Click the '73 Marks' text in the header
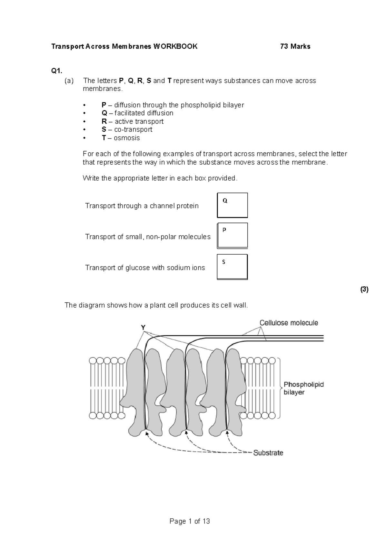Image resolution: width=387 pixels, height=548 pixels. [295, 46]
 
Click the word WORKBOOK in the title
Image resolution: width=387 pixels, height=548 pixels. [175, 46]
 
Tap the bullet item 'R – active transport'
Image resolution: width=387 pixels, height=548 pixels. [132, 121]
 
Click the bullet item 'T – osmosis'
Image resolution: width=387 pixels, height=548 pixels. [121, 138]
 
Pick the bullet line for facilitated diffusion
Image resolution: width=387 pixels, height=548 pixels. [137, 113]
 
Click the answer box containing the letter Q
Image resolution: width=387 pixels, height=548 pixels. [232, 205]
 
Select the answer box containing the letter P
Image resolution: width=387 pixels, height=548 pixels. [232, 236]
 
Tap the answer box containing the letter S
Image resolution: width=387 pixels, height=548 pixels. [232, 267]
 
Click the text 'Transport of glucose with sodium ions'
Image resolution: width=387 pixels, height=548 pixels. [145, 268]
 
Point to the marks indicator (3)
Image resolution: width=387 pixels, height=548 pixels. [364, 289]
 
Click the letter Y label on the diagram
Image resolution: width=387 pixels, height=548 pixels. [143, 328]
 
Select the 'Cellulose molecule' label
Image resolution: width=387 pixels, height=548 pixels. [289, 323]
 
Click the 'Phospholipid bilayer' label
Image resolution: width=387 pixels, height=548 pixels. [303, 388]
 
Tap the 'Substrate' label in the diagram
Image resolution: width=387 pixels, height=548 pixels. [268, 453]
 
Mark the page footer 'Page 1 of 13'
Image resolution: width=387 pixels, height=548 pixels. [190, 521]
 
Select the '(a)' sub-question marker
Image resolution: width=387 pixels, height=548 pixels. [69, 81]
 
